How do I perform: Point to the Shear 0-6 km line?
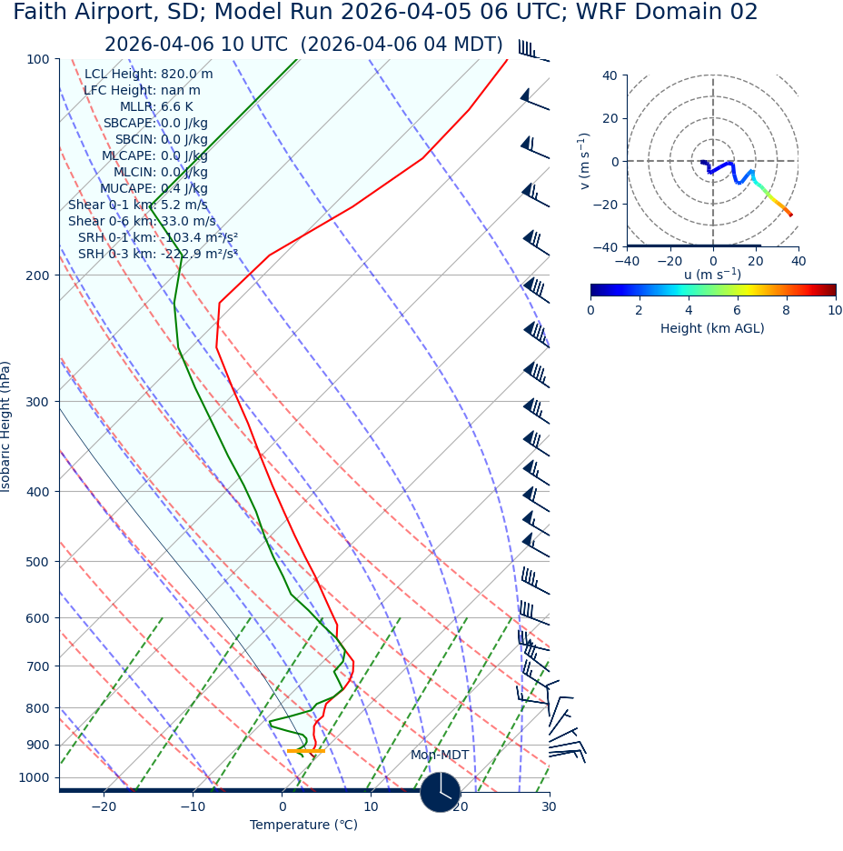tap(142, 222)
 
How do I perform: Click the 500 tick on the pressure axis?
tap(37, 562)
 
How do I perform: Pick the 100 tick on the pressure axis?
tap(37, 59)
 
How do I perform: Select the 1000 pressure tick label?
tap(34, 778)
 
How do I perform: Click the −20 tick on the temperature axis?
tap(104, 807)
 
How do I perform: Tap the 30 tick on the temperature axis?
tap(549, 807)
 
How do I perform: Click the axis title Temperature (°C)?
tap(303, 826)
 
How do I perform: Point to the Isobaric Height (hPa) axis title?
tap(6, 426)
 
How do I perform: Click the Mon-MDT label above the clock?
tap(440, 756)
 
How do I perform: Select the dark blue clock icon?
tap(440, 792)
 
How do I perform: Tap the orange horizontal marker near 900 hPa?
tap(305, 751)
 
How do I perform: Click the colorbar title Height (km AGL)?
tap(712, 329)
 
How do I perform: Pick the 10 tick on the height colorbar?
tap(835, 311)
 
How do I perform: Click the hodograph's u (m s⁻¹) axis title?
tap(712, 275)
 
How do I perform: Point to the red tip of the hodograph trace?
tap(790, 215)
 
